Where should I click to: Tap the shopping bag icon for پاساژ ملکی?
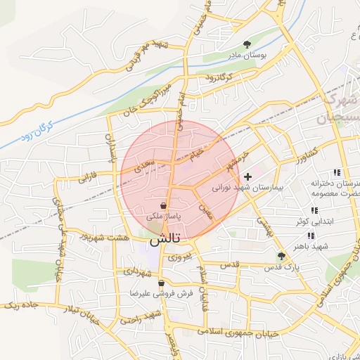coord(164,206)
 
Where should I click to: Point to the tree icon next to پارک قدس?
coord(281,256)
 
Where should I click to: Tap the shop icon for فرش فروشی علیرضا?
coord(162,283)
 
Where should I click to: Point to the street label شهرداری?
coord(139,271)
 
